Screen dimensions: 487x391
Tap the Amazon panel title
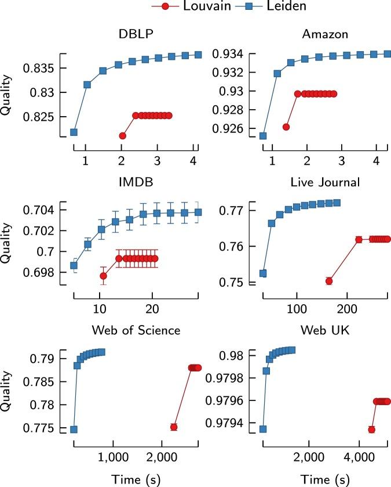click(325, 34)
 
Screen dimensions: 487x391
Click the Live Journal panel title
click(325, 182)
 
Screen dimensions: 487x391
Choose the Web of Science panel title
click(136, 330)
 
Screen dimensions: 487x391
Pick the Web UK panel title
click(325, 330)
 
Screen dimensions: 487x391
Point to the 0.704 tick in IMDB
click(42, 210)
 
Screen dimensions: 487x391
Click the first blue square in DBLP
click(74, 132)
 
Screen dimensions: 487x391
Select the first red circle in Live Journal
click(329, 281)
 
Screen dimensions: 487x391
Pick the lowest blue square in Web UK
click(262, 429)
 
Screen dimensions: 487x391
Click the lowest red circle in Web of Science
click(174, 427)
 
